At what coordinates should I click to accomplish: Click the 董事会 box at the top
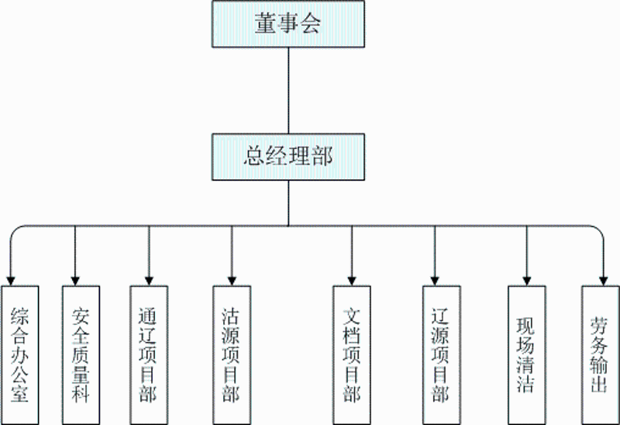tap(288, 24)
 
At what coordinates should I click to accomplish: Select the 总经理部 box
tap(288, 157)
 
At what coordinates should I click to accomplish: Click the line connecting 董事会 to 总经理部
tap(288, 89)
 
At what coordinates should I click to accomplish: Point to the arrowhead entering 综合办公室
tap(9, 278)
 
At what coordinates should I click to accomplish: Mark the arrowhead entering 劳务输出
tap(603, 278)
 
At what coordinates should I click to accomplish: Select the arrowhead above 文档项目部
tap(352, 278)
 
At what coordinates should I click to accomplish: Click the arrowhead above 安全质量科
tap(75, 278)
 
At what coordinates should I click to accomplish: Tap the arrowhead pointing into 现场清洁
tap(527, 278)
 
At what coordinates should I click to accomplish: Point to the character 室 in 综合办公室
tap(20, 394)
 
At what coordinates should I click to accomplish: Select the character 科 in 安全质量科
tap(81, 394)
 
